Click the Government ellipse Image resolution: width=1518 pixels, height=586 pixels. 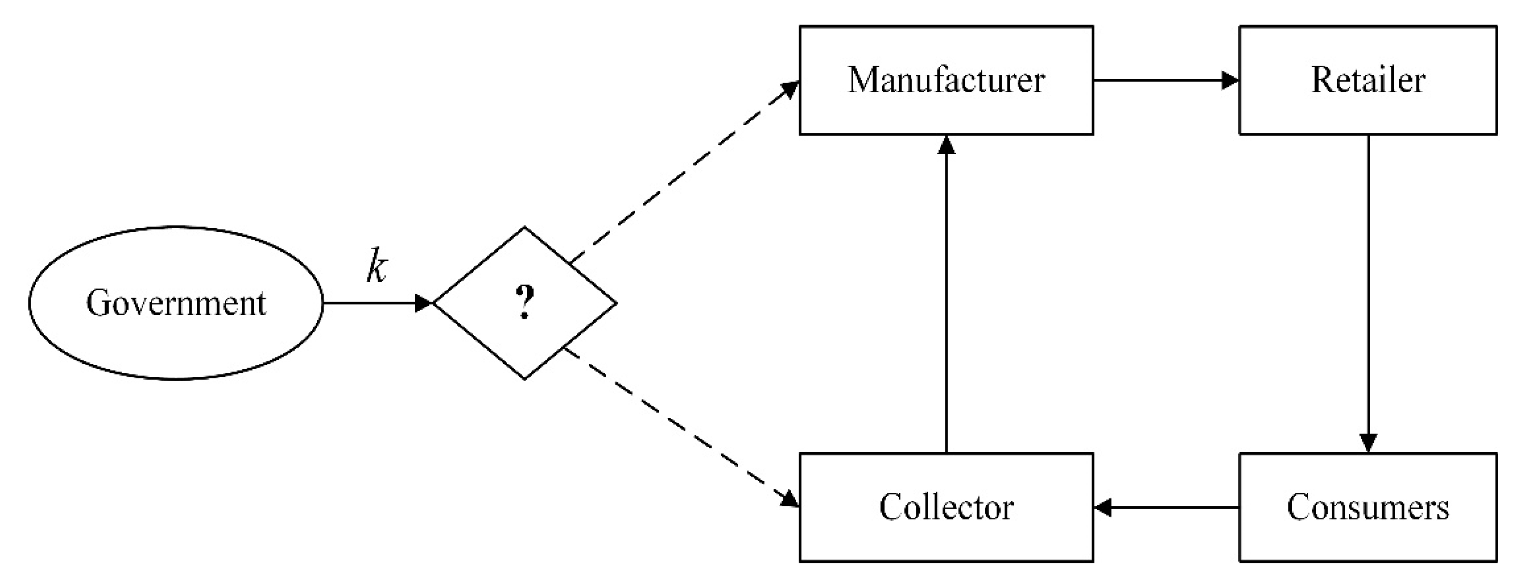pos(175,303)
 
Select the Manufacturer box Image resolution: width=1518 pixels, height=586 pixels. pos(946,80)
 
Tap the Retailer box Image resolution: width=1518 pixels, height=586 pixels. pos(1368,80)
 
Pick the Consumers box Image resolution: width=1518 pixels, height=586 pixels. pos(1368,507)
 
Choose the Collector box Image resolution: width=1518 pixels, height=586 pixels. pos(946,507)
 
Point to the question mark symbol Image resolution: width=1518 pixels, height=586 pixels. pos(525,301)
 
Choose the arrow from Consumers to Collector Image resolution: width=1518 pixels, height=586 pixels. pos(1167,507)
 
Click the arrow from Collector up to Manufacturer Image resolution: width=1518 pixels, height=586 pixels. pos(946,295)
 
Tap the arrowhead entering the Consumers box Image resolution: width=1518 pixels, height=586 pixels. pos(1368,443)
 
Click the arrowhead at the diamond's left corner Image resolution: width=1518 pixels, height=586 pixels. pos(423,303)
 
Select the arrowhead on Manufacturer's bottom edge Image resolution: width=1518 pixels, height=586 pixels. pos(946,145)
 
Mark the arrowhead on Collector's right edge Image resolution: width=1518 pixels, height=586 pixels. pos(1103,507)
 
